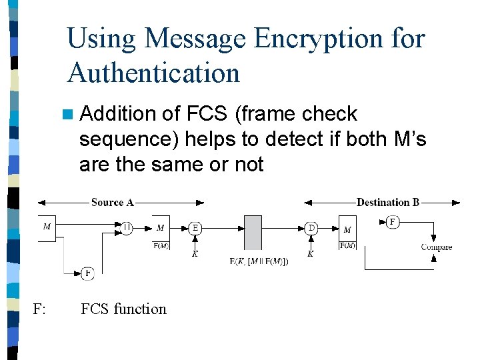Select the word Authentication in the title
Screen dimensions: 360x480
[x=153, y=72]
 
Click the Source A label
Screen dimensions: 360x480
[x=112, y=202]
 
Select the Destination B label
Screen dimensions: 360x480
[x=387, y=202]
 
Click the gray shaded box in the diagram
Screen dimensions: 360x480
[x=253, y=232]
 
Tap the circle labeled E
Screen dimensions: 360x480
[x=195, y=228]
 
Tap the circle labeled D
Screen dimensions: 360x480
[x=311, y=228]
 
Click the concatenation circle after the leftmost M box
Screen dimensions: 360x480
[x=127, y=228]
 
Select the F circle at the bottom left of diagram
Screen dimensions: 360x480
[x=87, y=273]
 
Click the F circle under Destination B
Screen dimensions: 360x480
[x=393, y=222]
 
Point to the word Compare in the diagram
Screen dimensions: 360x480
[x=436, y=247]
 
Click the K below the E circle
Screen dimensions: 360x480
[x=195, y=254]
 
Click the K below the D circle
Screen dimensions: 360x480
[x=311, y=254]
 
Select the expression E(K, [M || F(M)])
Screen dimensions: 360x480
[x=259, y=261]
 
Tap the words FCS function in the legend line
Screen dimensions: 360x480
[x=123, y=309]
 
